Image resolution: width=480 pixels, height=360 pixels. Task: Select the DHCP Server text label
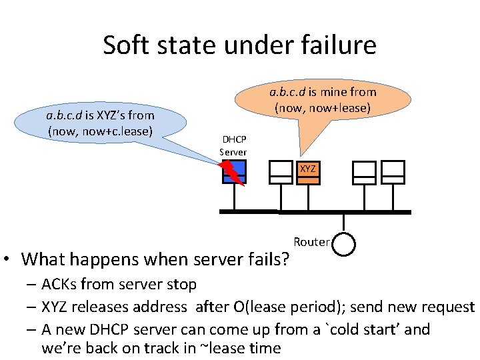(x=233, y=146)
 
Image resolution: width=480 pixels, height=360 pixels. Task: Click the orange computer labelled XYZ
(x=307, y=171)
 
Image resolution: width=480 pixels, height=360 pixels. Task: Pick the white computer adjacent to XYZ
(x=278, y=172)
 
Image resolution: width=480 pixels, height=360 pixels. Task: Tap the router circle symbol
(x=344, y=243)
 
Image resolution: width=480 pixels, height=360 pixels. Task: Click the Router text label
(x=311, y=241)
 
